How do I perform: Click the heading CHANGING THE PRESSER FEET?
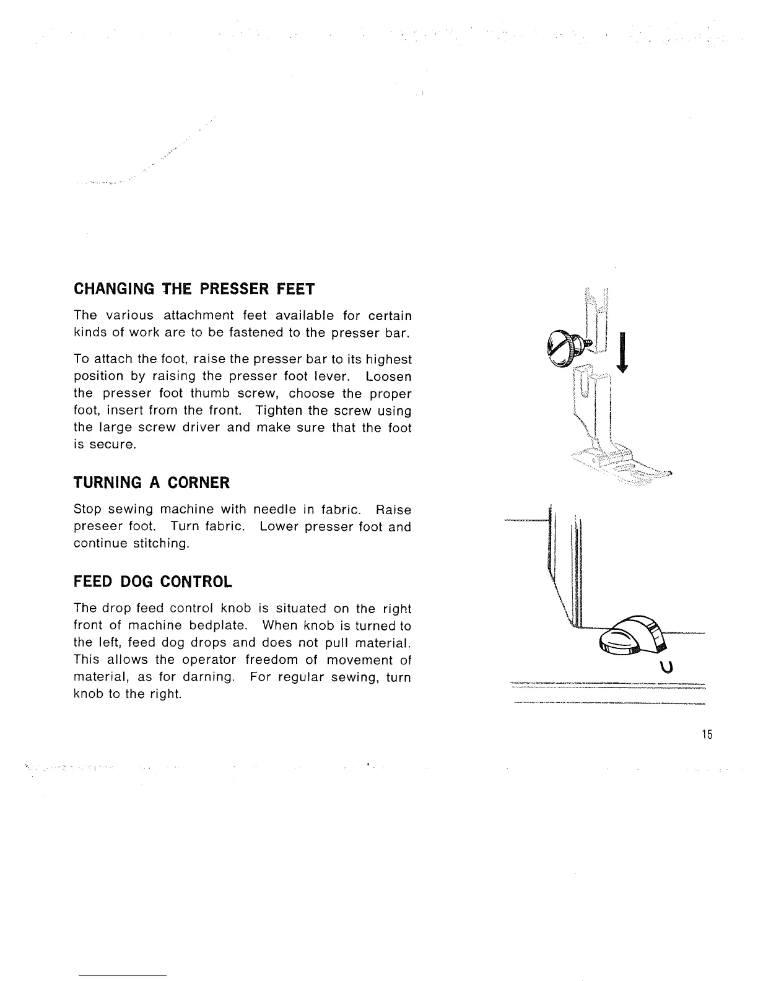(194, 289)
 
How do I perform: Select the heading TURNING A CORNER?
(152, 482)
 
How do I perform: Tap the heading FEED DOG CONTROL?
(153, 582)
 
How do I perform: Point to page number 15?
(708, 735)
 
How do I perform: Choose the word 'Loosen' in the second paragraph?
(388, 377)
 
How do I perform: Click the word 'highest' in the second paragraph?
(388, 359)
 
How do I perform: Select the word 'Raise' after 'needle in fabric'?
(393, 510)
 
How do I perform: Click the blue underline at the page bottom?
(123, 976)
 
